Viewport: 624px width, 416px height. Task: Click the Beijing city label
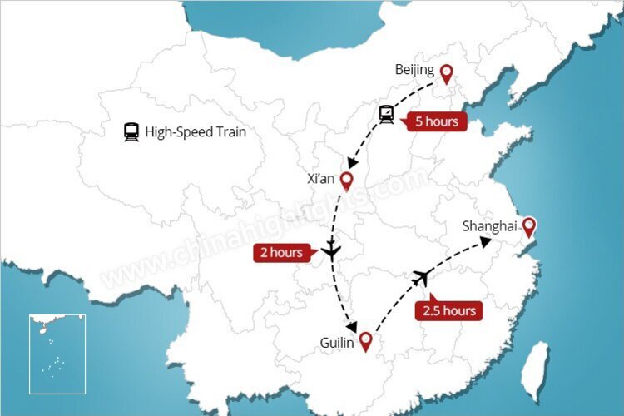click(x=414, y=71)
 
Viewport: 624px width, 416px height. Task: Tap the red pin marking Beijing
click(x=447, y=73)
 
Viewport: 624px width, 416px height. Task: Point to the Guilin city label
click(x=337, y=342)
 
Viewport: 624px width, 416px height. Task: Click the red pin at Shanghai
click(x=527, y=226)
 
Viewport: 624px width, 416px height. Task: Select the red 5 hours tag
click(x=433, y=121)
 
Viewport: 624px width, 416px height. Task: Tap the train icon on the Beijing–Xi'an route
click(x=387, y=114)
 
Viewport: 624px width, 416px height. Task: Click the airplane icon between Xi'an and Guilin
click(x=332, y=250)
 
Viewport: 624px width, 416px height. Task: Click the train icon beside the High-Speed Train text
click(x=131, y=131)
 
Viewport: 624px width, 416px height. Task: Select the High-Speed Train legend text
click(x=196, y=131)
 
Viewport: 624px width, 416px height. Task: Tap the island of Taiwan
click(x=537, y=367)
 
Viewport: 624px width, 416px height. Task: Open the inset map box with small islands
click(x=57, y=353)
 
